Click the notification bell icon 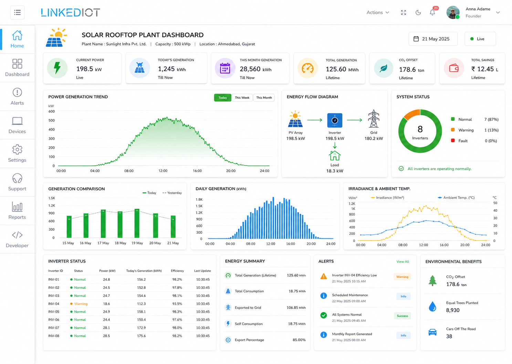click(432, 12)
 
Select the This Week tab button click(242, 97)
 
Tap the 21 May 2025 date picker click(433, 39)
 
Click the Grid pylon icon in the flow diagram click(374, 118)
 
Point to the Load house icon click(335, 156)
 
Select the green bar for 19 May click(137, 223)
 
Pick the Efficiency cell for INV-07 click(177, 328)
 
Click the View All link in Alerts click(403, 261)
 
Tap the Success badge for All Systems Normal click(402, 316)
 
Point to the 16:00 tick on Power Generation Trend click(197, 171)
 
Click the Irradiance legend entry click(387, 197)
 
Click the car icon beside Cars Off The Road click(432, 332)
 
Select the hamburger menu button click(17, 12)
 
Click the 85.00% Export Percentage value click(299, 340)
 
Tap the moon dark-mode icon click(418, 12)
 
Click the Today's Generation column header click(144, 271)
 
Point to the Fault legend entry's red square click(452, 140)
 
